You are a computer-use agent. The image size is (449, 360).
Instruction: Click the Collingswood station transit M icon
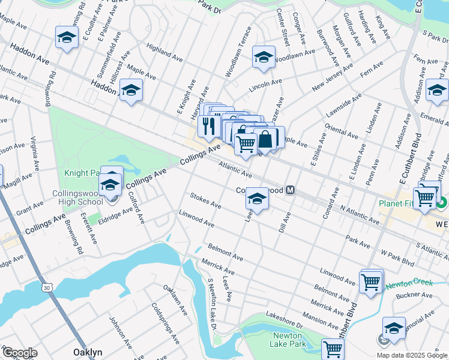coord(291,190)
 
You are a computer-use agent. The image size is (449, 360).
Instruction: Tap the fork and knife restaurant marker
coord(206,125)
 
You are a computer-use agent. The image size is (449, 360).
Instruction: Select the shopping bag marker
coord(265,139)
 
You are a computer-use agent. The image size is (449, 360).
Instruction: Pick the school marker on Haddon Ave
coord(130,91)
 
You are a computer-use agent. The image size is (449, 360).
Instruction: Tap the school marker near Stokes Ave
coord(257,199)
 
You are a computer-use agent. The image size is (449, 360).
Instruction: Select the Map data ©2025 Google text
coord(411,355)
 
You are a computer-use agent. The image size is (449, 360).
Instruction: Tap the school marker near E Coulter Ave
coord(67,37)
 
